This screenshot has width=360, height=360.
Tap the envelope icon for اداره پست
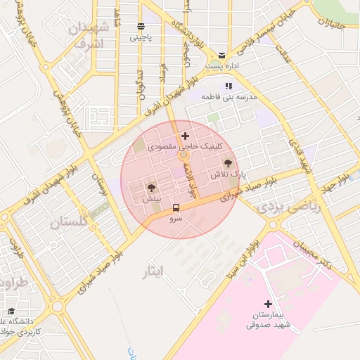pos(222,55)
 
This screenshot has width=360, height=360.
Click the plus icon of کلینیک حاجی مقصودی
pos(185,136)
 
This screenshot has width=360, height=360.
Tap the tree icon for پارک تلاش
pos(226,163)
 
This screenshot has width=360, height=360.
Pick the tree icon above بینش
pos(150,187)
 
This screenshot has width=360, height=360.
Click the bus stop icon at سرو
pos(176,207)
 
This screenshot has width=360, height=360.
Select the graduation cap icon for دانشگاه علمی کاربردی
pos(11,311)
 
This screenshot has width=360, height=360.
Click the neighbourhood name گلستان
pos(70,223)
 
